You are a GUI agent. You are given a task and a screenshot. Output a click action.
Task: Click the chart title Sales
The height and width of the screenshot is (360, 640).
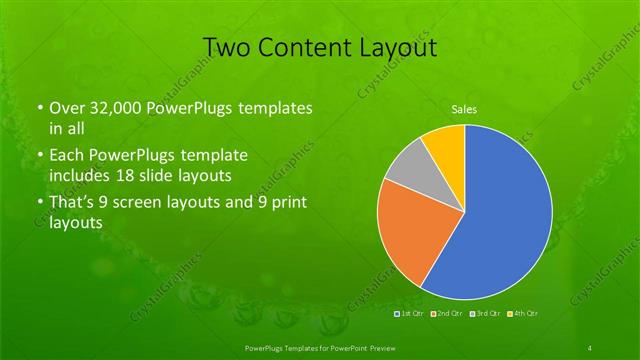tap(464, 108)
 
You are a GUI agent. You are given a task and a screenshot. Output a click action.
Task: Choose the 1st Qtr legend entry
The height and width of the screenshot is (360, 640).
tap(410, 314)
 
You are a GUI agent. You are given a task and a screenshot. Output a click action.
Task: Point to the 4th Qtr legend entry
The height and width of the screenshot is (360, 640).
tap(523, 314)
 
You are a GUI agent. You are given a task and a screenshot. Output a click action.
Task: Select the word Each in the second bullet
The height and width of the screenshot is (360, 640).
tap(68, 157)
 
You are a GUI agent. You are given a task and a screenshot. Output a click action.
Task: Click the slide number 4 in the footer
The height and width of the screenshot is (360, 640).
tap(591, 346)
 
